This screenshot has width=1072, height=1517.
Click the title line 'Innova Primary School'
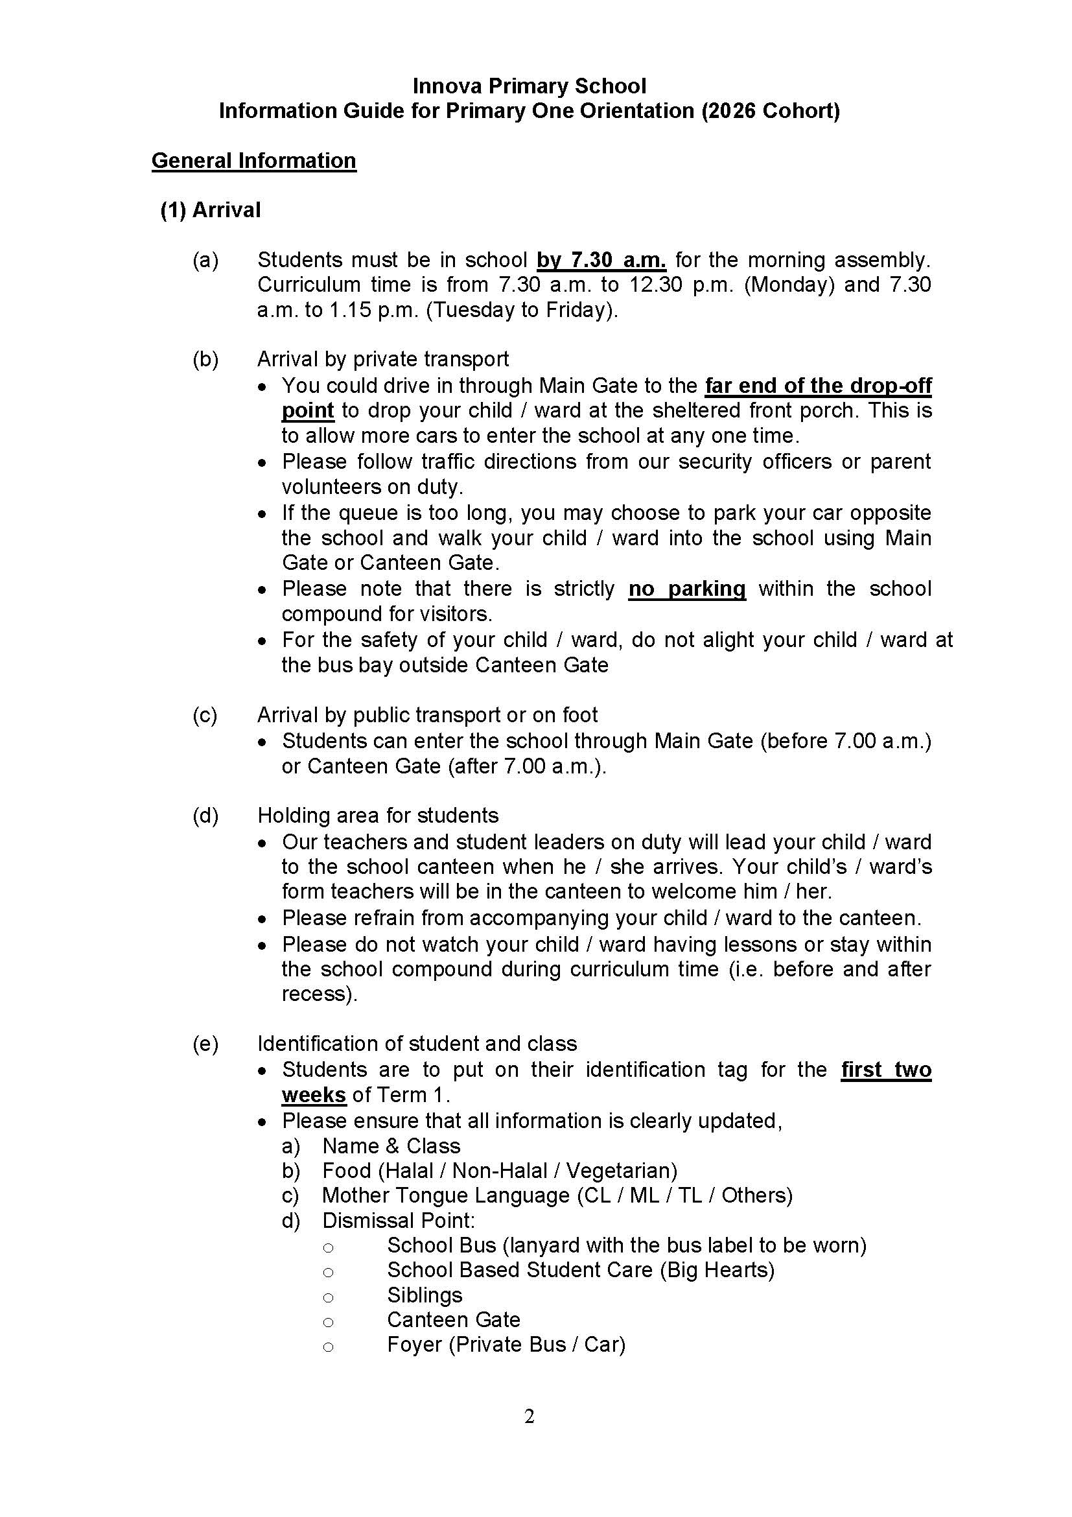click(x=529, y=86)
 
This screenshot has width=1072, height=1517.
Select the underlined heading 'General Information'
click(x=253, y=161)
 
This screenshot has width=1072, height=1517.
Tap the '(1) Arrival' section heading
click(x=210, y=210)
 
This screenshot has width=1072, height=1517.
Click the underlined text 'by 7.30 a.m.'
click(x=601, y=261)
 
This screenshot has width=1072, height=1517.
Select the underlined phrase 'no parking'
click(x=687, y=589)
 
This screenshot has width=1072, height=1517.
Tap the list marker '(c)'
click(x=205, y=715)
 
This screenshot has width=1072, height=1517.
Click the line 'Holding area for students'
click(x=378, y=816)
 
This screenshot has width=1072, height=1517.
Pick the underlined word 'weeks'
click(x=314, y=1095)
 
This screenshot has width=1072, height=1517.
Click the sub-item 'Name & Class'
click(x=391, y=1146)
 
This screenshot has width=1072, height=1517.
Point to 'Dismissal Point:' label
click(x=399, y=1220)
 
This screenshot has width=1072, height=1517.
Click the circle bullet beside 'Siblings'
click(x=328, y=1297)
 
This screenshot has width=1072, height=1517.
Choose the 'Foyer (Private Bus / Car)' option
click(x=506, y=1345)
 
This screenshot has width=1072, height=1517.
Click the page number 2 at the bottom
click(x=529, y=1435)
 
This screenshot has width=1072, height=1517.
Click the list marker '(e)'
click(x=205, y=1044)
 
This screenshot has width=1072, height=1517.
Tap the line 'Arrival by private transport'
click(x=382, y=359)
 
